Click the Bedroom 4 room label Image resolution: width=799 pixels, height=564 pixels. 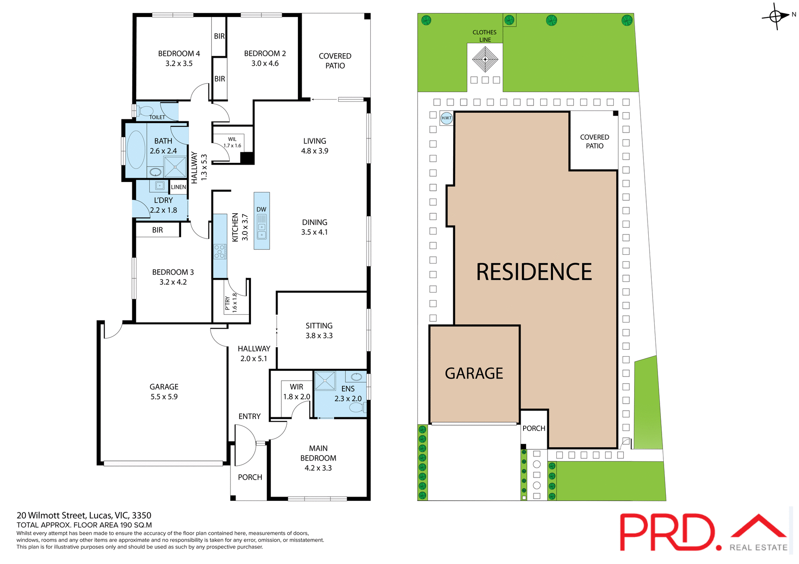pyautogui.click(x=179, y=54)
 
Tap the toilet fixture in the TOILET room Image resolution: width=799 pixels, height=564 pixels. pyautogui.click(x=146, y=111)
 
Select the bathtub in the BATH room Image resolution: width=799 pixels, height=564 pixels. pyautogui.click(x=136, y=150)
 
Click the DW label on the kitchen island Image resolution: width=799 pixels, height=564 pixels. pyautogui.click(x=261, y=209)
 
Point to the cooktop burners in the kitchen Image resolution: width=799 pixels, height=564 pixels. pyautogui.click(x=220, y=252)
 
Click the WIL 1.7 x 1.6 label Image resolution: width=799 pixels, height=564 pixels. pyautogui.click(x=232, y=142)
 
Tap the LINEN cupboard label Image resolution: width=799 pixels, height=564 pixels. pyautogui.click(x=179, y=187)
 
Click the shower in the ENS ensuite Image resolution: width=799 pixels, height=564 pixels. pyautogui.click(x=325, y=381)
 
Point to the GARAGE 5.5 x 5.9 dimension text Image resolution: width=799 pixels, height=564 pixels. pyautogui.click(x=164, y=397)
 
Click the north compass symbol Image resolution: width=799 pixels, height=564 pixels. pyautogui.click(x=776, y=17)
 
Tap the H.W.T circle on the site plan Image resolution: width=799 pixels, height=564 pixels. pyautogui.click(x=447, y=118)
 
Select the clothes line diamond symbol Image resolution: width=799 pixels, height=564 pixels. pyautogui.click(x=485, y=59)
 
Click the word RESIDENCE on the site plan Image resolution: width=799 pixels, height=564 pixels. pyautogui.click(x=534, y=272)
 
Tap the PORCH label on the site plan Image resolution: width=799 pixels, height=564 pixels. pyautogui.click(x=534, y=428)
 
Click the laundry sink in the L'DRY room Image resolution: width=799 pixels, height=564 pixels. pyautogui.click(x=159, y=185)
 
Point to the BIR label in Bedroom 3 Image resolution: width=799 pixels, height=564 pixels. pyautogui.click(x=157, y=230)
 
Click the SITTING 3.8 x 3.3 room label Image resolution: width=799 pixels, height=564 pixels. pyautogui.click(x=319, y=330)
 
